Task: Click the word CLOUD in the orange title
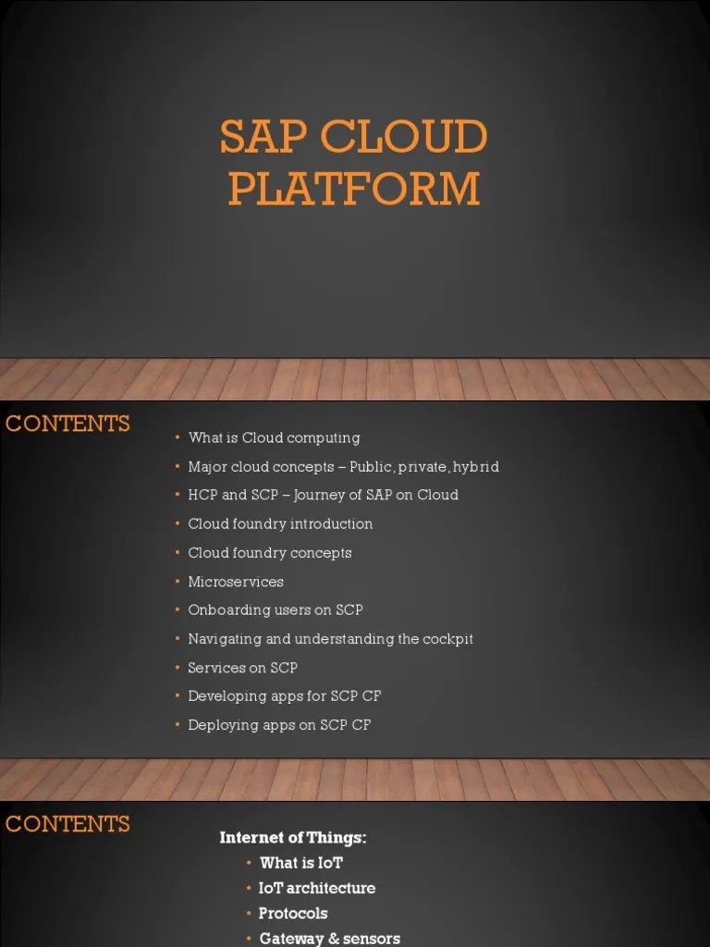[x=404, y=139]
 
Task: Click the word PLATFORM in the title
[x=354, y=190]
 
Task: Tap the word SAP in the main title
[x=263, y=139]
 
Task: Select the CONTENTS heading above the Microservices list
[x=67, y=424]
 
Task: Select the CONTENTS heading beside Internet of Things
[x=67, y=824]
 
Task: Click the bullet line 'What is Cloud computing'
[x=274, y=438]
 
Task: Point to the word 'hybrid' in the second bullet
[x=476, y=467]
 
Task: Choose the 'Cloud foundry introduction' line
[x=280, y=524]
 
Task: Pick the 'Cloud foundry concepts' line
[x=270, y=553]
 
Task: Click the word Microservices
[x=236, y=582]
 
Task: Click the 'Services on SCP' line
[x=242, y=668]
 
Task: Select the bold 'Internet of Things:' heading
[x=293, y=838]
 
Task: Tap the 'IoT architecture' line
[x=317, y=888]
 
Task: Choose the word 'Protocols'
[x=293, y=913]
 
